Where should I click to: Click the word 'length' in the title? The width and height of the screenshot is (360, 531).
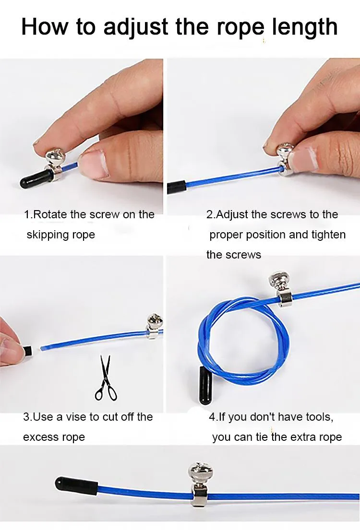(x=305, y=27)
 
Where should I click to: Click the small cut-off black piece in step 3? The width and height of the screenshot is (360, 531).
(x=28, y=351)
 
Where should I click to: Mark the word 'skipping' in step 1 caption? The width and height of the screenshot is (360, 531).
(x=48, y=235)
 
